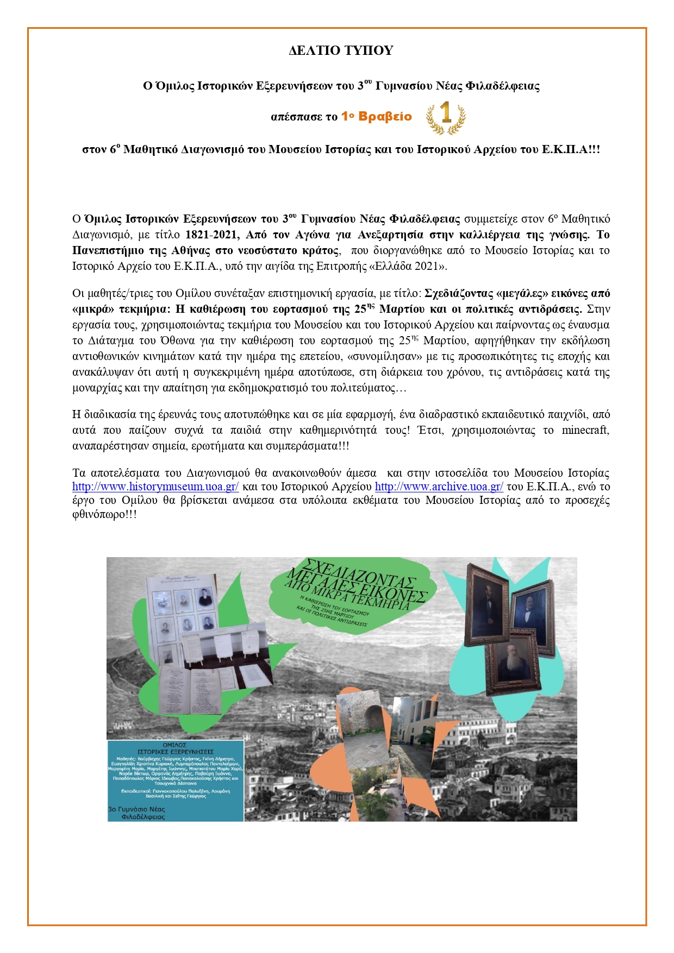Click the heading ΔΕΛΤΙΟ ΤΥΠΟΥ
coord(341,51)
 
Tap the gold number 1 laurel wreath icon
coord(446,117)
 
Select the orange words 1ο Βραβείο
coord(376,117)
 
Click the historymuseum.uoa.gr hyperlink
coord(155,487)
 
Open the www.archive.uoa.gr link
coord(439,487)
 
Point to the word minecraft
coord(585,431)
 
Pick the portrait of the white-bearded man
coord(511,665)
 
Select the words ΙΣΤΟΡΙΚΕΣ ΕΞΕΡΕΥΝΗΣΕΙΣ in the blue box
coord(175,752)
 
